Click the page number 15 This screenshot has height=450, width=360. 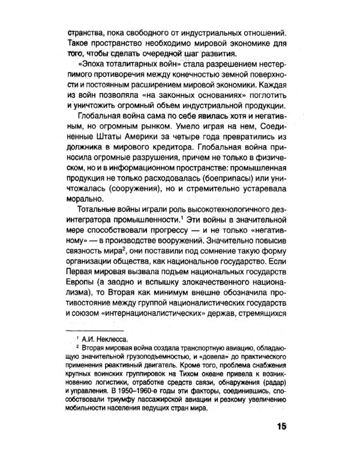point(280,427)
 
